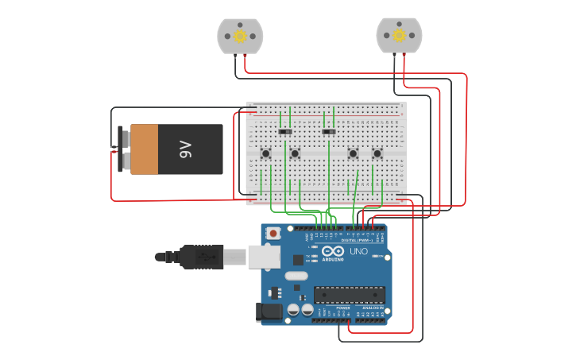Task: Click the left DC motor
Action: [240, 37]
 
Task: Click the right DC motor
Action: [399, 36]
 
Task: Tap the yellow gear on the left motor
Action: [240, 35]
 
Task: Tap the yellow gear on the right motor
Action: [399, 35]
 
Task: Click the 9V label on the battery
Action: [186, 149]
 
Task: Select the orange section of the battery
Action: [145, 149]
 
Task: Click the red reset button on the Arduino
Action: [273, 234]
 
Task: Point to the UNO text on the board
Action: [358, 252]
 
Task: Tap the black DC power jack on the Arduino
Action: [269, 312]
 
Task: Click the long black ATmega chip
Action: [349, 295]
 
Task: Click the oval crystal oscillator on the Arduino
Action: [295, 276]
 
